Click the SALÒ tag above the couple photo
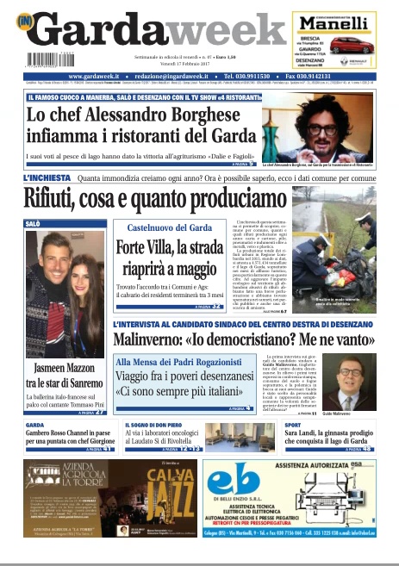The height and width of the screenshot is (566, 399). coord(34,223)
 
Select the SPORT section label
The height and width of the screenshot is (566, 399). coord(294,426)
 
